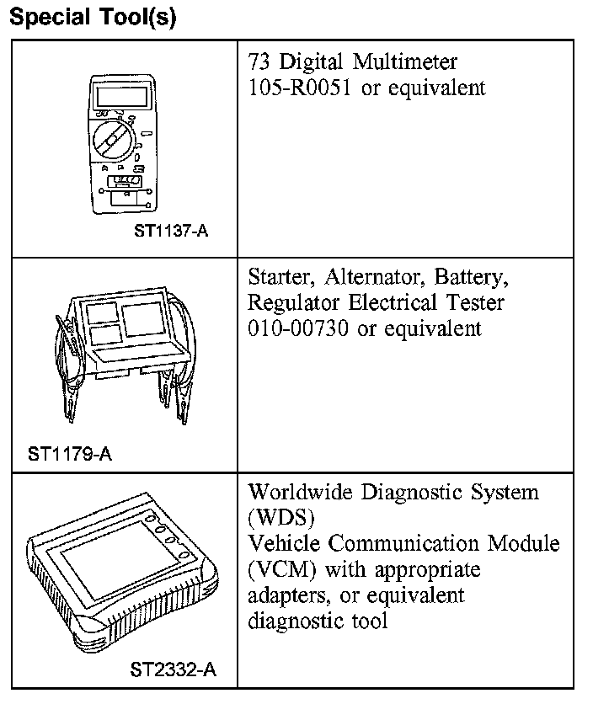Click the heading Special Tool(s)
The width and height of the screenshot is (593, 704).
[x=92, y=18]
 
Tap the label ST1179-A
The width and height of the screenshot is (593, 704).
[x=70, y=455]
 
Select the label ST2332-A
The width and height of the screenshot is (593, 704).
[x=174, y=670]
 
